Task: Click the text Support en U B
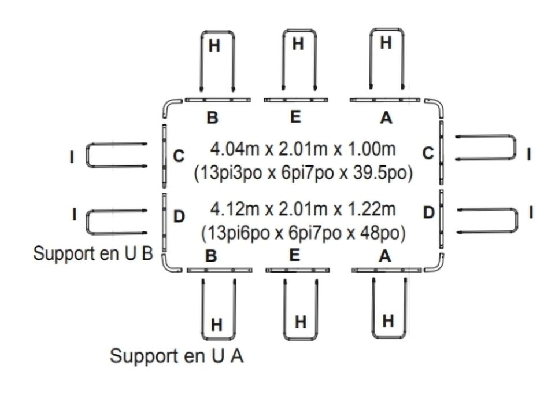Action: pyautogui.click(x=92, y=253)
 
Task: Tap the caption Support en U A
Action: pyautogui.click(x=176, y=356)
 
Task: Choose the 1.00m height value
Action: pyautogui.click(x=370, y=149)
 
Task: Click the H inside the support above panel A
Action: pyautogui.click(x=386, y=42)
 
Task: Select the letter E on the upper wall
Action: pyautogui.click(x=295, y=117)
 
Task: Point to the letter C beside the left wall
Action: pyautogui.click(x=179, y=156)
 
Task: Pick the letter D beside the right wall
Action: pyautogui.click(x=428, y=212)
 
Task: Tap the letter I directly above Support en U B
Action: pyautogui.click(x=73, y=214)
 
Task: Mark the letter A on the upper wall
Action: pyautogui.click(x=386, y=118)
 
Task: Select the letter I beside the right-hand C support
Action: pyautogui.click(x=530, y=154)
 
